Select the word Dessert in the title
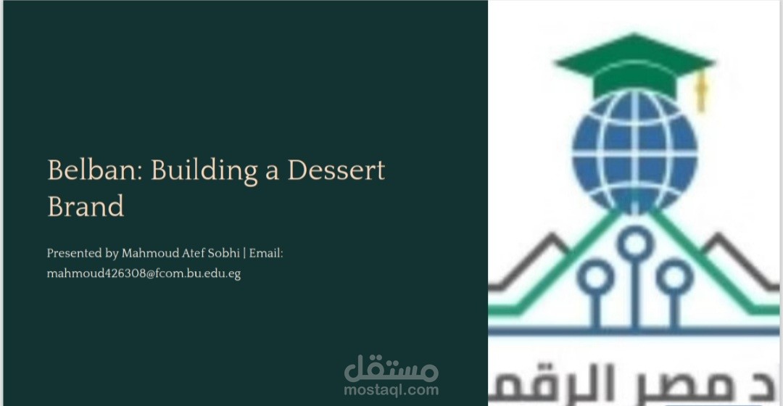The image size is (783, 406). [x=336, y=171]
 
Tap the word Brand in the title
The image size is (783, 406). [x=86, y=207]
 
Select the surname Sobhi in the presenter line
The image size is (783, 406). [x=225, y=254]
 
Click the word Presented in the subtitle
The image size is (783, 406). [x=71, y=254]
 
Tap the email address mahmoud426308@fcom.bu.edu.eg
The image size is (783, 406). [x=144, y=275]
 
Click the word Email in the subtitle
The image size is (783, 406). [x=265, y=254]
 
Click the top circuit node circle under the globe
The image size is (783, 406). [x=636, y=241]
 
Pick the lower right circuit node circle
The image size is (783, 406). [x=674, y=276]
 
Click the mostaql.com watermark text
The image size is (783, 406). [x=391, y=390]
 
